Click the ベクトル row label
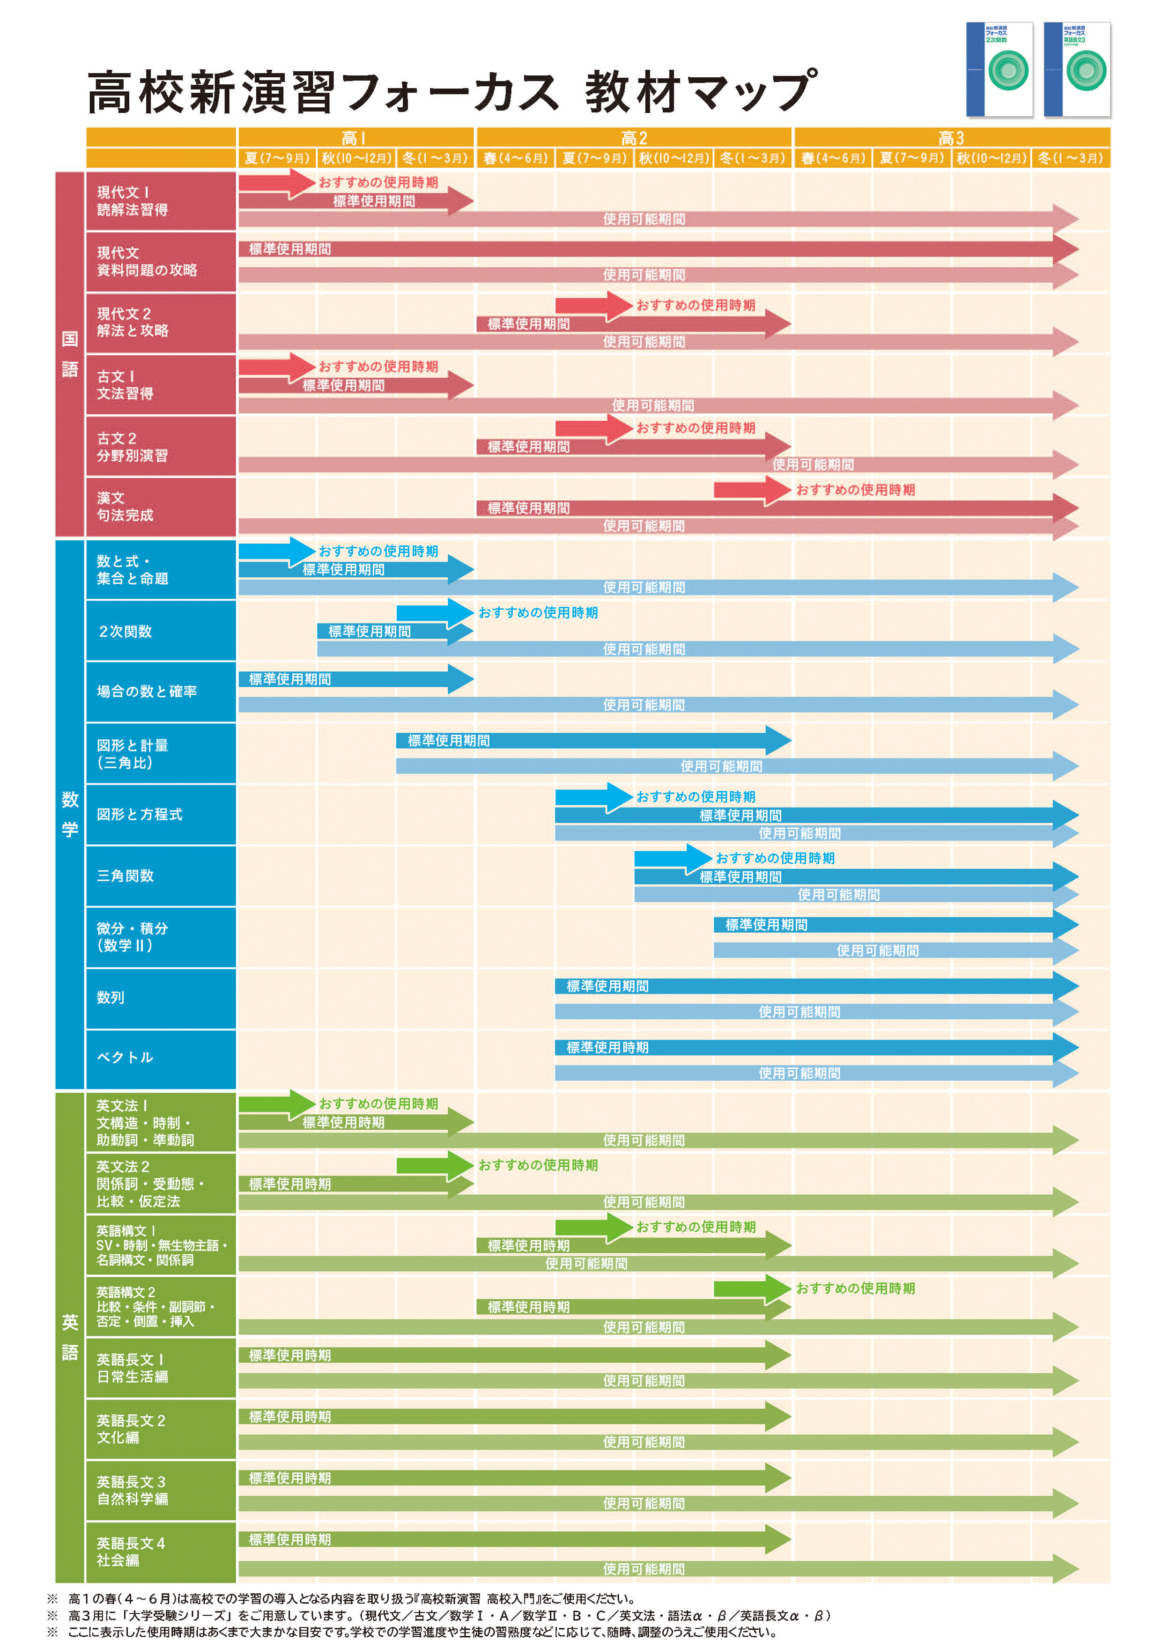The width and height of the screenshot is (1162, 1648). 125,1057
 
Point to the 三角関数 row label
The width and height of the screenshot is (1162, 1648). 125,875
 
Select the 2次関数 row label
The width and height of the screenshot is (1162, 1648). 125,632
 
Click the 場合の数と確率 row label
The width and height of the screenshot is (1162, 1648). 147,691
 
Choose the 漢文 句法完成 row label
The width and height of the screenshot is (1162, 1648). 125,507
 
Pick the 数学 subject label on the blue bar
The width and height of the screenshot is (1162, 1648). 70,814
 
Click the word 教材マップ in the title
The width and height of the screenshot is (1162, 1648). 700,92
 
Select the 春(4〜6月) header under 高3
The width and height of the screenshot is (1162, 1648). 833,158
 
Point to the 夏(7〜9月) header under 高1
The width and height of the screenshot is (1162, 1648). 277,158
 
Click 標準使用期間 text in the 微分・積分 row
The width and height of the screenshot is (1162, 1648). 766,925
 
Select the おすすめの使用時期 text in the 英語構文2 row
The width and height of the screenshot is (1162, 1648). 855,1288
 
